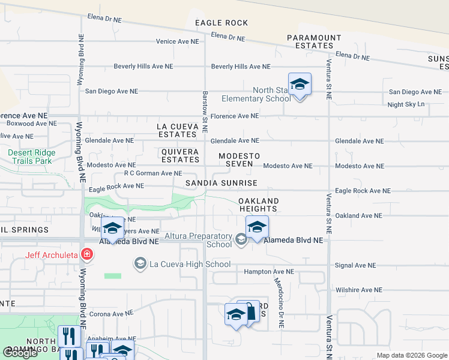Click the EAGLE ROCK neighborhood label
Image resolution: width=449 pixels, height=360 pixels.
[x=221, y=23]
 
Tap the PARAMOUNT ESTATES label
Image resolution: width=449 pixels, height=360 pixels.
[x=314, y=41]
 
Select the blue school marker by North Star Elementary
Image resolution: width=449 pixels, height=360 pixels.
[x=300, y=85]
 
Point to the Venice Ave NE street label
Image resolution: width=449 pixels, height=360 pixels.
[x=176, y=42]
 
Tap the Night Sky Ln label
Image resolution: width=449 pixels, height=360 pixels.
[x=406, y=104]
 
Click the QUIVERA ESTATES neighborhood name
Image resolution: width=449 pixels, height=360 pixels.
[x=180, y=156]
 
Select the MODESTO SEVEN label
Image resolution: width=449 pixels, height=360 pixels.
[x=239, y=160]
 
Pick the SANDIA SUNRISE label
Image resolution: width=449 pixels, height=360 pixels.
[x=221, y=183]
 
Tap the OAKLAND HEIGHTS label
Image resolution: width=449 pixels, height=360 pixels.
[x=258, y=205]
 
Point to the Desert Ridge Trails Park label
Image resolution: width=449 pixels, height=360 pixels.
[x=31, y=157]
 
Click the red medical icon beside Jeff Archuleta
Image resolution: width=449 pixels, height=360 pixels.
[x=88, y=254]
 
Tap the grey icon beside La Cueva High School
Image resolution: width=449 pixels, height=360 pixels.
[x=140, y=264]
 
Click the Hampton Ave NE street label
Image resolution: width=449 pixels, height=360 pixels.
[x=268, y=272]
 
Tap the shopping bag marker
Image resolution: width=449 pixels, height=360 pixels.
[x=250, y=311]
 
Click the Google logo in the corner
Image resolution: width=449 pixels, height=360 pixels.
[x=20, y=353]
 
